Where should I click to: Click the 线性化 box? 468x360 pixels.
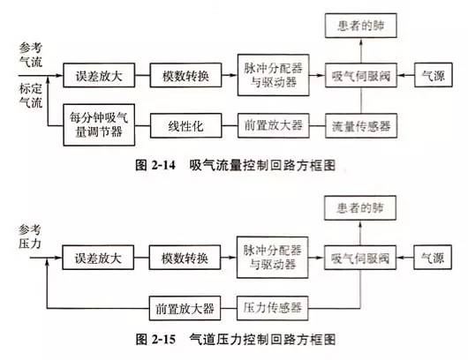pyautogui.click(x=185, y=125)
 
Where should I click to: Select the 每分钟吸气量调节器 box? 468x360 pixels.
pyautogui.click(x=98, y=125)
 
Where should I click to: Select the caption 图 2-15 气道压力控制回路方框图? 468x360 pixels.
pyautogui.click(x=238, y=339)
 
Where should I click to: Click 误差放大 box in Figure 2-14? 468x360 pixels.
pyautogui.click(x=98, y=76)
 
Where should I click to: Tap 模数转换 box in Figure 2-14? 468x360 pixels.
pyautogui.click(x=185, y=76)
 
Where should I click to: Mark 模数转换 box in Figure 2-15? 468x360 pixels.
pyautogui.click(x=185, y=259)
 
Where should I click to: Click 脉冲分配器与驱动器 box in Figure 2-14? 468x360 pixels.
pyautogui.click(x=273, y=76)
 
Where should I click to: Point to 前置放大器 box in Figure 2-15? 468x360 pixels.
pyautogui.click(x=182, y=309)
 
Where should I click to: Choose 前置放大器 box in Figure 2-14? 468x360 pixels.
pyautogui.click(x=273, y=125)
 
